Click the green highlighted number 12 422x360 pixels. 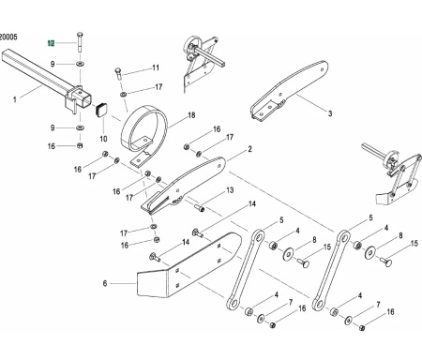click(x=53, y=43)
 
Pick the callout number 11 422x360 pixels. click(x=155, y=67)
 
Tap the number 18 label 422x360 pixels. click(x=190, y=116)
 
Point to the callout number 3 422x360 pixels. click(x=330, y=113)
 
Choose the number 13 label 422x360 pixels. click(x=226, y=190)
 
